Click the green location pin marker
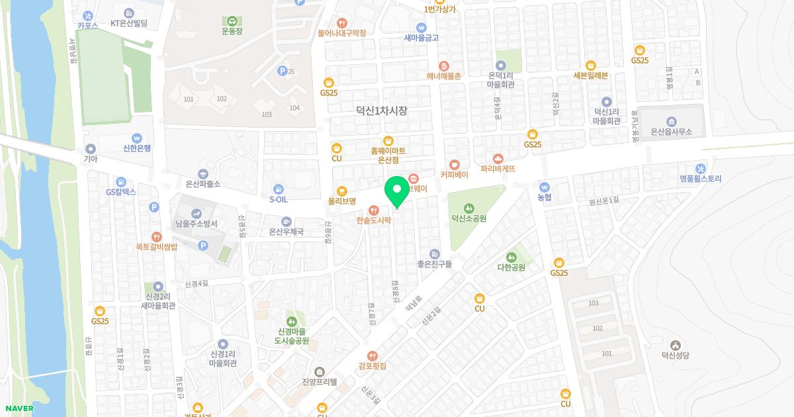tap(397, 191)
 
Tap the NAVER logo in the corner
tap(17, 408)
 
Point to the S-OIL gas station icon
tap(278, 189)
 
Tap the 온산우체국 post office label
tap(286, 232)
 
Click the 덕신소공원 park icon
tap(469, 207)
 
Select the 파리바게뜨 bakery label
tap(498, 168)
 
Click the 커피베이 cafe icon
tap(455, 165)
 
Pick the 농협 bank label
tap(544, 197)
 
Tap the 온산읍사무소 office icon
tap(672, 121)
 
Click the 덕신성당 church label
tap(675, 355)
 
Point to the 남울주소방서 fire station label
tap(197, 224)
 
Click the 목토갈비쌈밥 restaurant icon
tap(157, 236)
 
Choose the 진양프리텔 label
tap(320, 382)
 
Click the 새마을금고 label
tap(421, 38)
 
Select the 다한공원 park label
tap(511, 267)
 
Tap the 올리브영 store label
tap(342, 201)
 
